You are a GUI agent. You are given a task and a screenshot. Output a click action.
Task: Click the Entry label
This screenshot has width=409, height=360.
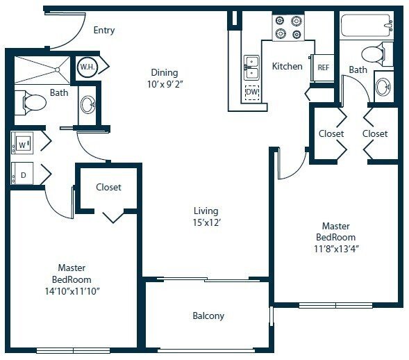(x=104, y=31)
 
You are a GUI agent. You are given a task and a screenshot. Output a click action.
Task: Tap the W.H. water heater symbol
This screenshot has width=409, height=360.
(x=87, y=67)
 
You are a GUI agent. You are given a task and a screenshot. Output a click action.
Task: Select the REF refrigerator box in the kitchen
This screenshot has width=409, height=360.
(x=323, y=67)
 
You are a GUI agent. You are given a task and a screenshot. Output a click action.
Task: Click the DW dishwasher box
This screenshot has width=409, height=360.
(x=253, y=92)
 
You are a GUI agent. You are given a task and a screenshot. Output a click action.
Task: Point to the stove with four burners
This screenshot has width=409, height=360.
(x=288, y=27)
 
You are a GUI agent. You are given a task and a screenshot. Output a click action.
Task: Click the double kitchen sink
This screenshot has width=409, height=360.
(x=251, y=68)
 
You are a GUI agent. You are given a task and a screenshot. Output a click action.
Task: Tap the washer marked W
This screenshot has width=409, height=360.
(x=22, y=145)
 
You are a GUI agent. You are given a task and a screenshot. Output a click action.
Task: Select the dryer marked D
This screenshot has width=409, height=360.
(x=22, y=174)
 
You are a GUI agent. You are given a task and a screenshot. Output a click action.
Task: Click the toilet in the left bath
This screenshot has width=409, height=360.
(x=31, y=103)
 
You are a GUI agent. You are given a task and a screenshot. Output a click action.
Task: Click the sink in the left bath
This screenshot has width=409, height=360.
(x=88, y=105)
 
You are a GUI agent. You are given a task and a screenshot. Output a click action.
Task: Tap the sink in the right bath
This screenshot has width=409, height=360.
(x=383, y=87)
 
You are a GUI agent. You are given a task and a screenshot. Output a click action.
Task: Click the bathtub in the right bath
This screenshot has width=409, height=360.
(x=366, y=26)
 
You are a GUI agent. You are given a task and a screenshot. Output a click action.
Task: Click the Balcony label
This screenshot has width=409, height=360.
(x=208, y=316)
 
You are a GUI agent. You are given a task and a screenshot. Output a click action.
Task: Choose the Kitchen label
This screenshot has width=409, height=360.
(x=287, y=67)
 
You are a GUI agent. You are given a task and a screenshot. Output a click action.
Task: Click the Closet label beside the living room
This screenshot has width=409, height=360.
(x=108, y=187)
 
